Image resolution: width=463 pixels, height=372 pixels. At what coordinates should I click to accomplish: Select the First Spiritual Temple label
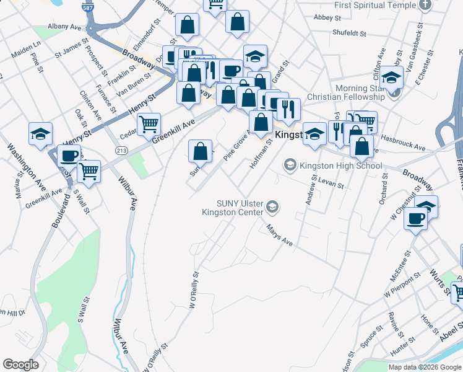375,5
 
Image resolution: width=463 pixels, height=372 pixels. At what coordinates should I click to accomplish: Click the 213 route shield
121,151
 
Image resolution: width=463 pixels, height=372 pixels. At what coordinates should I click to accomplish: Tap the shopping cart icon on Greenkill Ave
149,124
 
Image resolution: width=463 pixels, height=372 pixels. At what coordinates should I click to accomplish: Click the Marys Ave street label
279,236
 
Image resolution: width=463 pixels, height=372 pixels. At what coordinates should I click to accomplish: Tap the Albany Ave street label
64,28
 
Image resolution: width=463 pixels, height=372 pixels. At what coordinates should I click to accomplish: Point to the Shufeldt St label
349,32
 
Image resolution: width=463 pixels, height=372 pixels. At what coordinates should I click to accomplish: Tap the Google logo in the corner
21,364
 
